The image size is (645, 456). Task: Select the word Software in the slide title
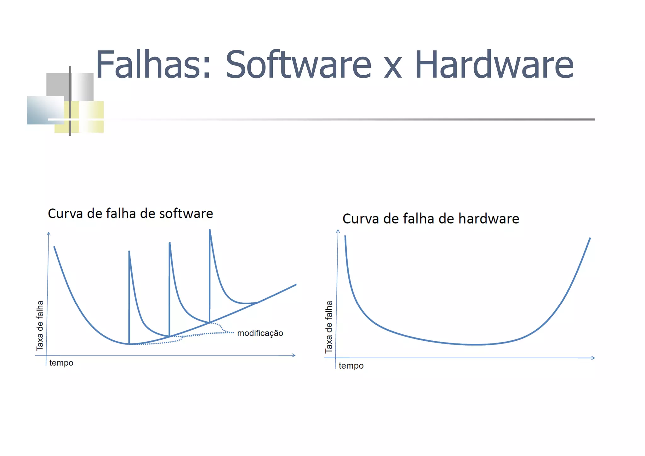[298, 65]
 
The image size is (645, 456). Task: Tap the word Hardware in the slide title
[494, 65]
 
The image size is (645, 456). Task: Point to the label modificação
[260, 333]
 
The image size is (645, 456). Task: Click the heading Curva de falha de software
[130, 214]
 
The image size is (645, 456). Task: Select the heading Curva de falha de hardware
[431, 219]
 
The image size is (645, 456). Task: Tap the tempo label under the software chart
[61, 363]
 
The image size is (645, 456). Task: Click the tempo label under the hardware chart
[351, 366]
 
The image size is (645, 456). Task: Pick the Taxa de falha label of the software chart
[40, 326]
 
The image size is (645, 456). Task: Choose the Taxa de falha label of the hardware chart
[328, 326]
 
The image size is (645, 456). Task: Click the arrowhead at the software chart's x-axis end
[294, 355]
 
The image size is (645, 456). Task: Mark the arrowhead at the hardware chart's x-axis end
[593, 358]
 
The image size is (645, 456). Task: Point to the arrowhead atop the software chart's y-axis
[49, 234]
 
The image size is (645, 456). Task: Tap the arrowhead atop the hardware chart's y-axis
[338, 231]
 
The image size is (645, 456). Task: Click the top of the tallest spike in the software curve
[210, 230]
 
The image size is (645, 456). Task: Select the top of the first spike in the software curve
[129, 251]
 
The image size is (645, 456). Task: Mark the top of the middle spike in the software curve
[170, 243]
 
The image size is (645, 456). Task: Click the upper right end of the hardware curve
[590, 238]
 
